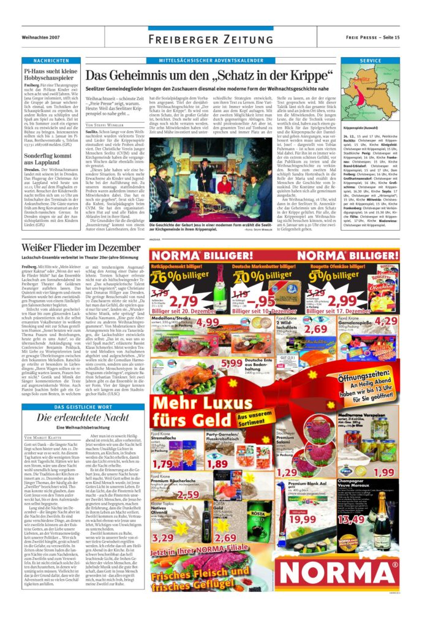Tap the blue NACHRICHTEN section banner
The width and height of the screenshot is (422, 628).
[x=51, y=61]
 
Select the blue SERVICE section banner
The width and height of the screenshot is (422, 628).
[x=371, y=61]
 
